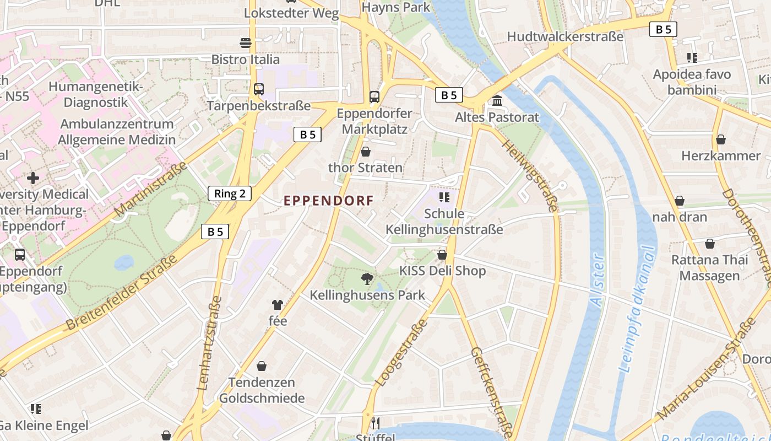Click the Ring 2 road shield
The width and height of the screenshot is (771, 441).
tap(230, 193)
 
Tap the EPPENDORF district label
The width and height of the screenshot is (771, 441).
tap(329, 201)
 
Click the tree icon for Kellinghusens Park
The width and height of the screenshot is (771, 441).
tap(367, 278)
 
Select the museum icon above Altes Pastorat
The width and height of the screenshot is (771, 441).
tap(497, 101)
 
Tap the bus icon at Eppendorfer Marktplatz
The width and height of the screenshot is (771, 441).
tap(374, 97)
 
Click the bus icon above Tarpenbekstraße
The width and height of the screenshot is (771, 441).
tap(258, 89)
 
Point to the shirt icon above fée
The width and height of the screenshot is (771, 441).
tap(277, 304)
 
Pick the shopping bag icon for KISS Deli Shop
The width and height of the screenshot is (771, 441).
tap(442, 255)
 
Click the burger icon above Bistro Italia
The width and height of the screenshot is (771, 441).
tap(246, 42)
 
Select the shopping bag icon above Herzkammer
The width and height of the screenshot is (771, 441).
tap(720, 139)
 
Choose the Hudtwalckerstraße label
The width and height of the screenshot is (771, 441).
tap(565, 36)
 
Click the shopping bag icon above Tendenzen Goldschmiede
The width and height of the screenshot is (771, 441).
tap(262, 366)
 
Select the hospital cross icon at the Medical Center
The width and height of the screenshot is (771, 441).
tap(33, 178)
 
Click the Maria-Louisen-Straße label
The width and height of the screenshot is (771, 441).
tap(706, 369)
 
